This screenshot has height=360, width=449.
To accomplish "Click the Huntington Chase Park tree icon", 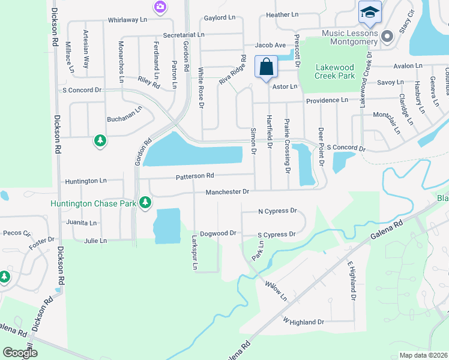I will pyautogui.click(x=145, y=203).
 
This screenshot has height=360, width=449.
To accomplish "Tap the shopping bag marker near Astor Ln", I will pyautogui.click(x=266, y=67).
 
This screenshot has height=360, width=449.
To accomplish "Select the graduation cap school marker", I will pyautogui.click(x=370, y=12).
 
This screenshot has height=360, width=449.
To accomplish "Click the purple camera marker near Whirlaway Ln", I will pyautogui.click(x=160, y=7).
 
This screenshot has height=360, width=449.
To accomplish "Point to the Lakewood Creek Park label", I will pyautogui.click(x=335, y=72).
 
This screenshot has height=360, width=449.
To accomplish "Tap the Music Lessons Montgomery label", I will pyautogui.click(x=350, y=37).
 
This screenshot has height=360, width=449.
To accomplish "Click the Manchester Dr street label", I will pyautogui.click(x=227, y=192).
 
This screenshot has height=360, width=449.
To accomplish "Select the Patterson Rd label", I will pyautogui.click(x=194, y=176).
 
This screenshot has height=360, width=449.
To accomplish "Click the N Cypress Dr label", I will pyautogui.click(x=277, y=211).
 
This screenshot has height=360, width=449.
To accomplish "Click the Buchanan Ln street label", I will pyautogui.click(x=124, y=119).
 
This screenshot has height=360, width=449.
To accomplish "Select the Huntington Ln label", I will pyautogui.click(x=85, y=181).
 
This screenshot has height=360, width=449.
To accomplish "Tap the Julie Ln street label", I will pyautogui.click(x=95, y=241).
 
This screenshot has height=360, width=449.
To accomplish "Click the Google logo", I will pyautogui.click(x=20, y=352).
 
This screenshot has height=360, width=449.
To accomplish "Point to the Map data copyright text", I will pyautogui.click(x=423, y=355).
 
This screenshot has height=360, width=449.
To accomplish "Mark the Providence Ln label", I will pyautogui.click(x=327, y=101).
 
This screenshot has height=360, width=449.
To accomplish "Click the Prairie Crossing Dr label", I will pyautogui.click(x=288, y=146).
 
